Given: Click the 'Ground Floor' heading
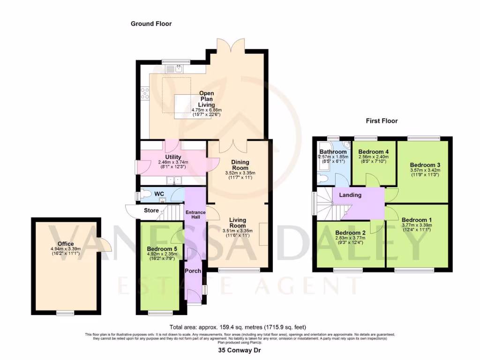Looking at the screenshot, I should (151, 23).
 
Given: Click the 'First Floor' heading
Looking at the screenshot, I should (382, 121).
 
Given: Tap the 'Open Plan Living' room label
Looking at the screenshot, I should (206, 99).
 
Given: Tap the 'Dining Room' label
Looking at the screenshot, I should (240, 165).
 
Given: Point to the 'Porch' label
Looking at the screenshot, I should (193, 271).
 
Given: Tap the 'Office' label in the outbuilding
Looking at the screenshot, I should (66, 244).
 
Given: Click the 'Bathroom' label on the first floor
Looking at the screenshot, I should (333, 152).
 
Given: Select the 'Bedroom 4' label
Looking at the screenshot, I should (374, 152).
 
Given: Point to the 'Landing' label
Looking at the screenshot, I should (351, 195).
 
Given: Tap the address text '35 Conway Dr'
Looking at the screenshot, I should (240, 350).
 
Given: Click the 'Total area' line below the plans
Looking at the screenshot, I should (240, 327).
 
